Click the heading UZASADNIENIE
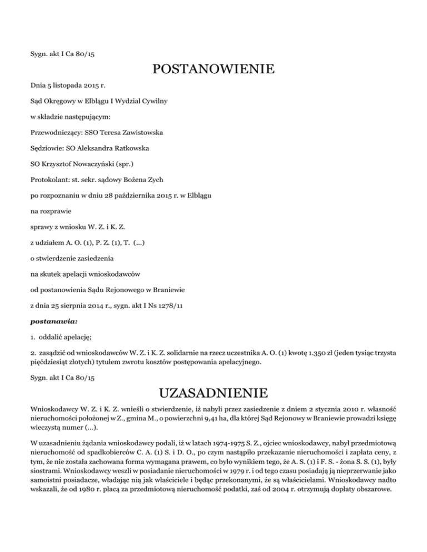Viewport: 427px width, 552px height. point(213,393)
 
